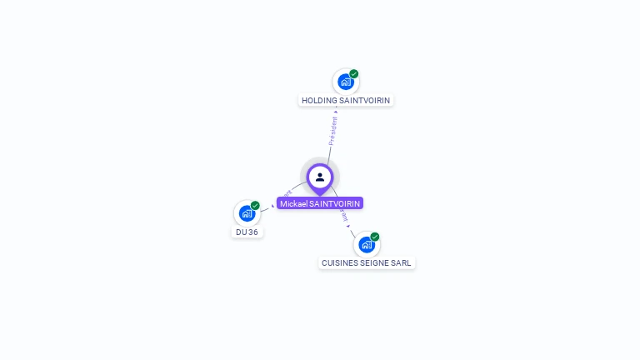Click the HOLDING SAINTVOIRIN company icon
pyautogui.click(x=345, y=82)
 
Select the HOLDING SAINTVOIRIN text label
pyautogui.click(x=346, y=101)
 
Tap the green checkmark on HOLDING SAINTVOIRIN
pyautogui.click(x=354, y=74)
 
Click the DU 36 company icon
pyautogui.click(x=247, y=212)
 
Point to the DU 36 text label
pyautogui.click(x=247, y=232)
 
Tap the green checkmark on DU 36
pyautogui.click(x=255, y=205)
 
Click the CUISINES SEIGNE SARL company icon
pyautogui.click(x=366, y=244)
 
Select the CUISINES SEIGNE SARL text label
pyautogui.click(x=366, y=263)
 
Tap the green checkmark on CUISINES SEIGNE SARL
pyautogui.click(x=375, y=237)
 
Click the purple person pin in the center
pyautogui.click(x=320, y=177)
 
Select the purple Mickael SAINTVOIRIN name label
pyautogui.click(x=320, y=203)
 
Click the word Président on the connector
pyautogui.click(x=333, y=132)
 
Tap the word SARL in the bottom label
pyautogui.click(x=401, y=263)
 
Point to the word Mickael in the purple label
pyautogui.click(x=294, y=203)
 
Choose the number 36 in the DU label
pyautogui.click(x=252, y=232)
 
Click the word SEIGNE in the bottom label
pyautogui.click(x=374, y=263)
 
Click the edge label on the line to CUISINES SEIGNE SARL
pyautogui.click(x=344, y=216)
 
